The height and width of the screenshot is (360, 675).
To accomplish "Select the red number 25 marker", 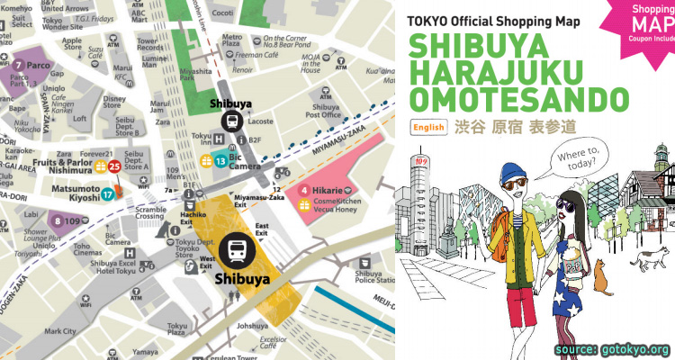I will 114,166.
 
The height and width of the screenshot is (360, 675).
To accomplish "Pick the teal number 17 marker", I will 108,193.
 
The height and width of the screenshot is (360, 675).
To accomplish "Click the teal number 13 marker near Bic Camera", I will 220,162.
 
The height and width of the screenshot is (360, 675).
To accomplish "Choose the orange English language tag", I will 428,128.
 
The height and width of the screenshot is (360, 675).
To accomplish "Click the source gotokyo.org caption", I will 612,348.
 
